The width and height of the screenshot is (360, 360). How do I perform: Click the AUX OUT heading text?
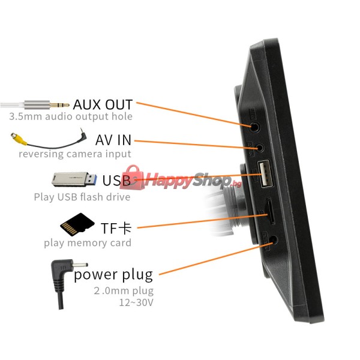[103, 104]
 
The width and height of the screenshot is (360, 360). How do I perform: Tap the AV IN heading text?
[113, 140]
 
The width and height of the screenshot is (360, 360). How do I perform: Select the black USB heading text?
[116, 180]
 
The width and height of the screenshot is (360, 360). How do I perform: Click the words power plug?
[113, 275]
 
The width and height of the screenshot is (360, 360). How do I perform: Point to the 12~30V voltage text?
[136, 302]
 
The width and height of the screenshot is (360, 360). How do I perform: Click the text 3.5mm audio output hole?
[71, 116]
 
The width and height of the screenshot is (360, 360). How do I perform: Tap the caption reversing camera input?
[75, 154]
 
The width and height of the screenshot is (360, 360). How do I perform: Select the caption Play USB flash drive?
[82, 197]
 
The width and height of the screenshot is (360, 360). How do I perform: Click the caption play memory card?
[88, 243]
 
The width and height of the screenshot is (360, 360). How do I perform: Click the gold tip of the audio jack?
[59, 105]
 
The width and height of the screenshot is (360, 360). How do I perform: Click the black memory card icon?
[77, 224]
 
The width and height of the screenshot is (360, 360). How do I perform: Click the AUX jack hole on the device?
[254, 127]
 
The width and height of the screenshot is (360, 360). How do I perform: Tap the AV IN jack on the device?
[259, 148]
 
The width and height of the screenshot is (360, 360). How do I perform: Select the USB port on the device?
[265, 174]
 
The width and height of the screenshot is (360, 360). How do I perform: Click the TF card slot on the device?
[270, 211]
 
